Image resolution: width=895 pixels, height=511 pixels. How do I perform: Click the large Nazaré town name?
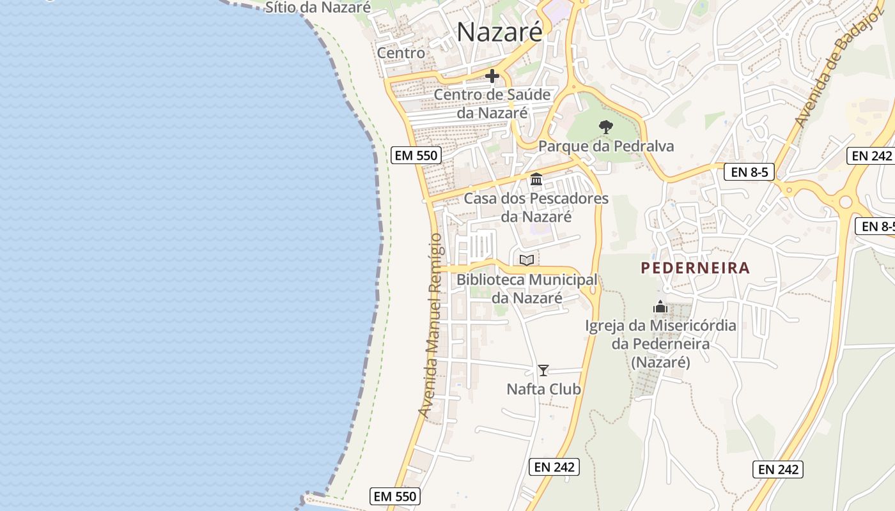click(x=499, y=32)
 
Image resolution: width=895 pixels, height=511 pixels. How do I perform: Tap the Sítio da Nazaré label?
click(x=318, y=8)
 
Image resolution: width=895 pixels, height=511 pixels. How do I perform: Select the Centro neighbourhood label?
click(x=401, y=53)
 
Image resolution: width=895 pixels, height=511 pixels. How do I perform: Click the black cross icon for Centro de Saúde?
click(x=492, y=77)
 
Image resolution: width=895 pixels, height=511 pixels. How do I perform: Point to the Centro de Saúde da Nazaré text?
click(x=492, y=103)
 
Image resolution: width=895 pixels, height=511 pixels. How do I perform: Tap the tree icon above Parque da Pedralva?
click(x=605, y=127)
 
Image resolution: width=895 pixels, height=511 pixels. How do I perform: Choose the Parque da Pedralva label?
click(x=605, y=146)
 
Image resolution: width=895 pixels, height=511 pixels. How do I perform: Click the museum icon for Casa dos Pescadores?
click(x=536, y=179)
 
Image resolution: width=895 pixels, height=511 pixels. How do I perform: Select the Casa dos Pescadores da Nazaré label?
click(x=536, y=208)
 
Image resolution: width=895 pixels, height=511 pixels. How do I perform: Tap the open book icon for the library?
click(x=527, y=260)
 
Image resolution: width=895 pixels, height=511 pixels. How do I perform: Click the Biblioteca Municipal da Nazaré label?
click(x=527, y=289)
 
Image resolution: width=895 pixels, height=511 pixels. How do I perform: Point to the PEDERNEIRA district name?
click(x=696, y=268)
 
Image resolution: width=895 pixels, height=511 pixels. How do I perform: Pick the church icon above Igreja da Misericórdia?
click(x=660, y=307)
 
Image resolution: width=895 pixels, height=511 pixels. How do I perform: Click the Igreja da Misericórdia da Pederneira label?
click(x=660, y=344)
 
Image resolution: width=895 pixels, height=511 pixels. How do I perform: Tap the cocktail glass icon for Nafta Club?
click(x=543, y=370)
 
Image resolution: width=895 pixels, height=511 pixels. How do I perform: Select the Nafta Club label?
click(x=543, y=389)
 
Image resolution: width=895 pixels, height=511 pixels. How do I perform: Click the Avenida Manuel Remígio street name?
click(x=431, y=326)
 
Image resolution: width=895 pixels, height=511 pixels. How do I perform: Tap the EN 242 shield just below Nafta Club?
click(x=554, y=467)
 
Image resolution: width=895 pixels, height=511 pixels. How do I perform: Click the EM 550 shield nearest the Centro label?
click(x=415, y=155)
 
